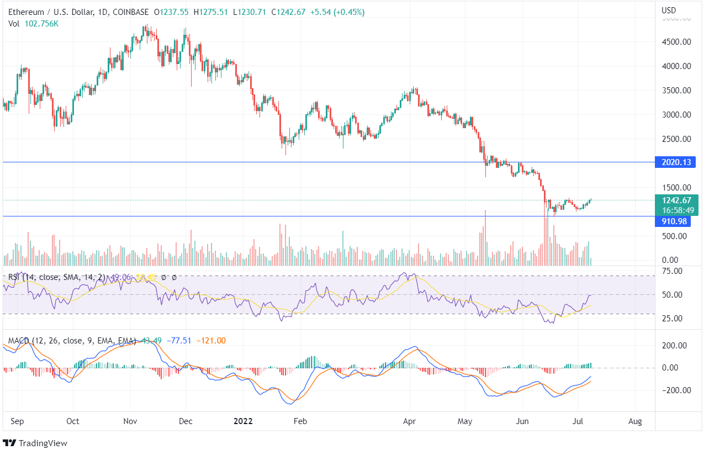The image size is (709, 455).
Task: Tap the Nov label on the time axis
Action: point(130,421)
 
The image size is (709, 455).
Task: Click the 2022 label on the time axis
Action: point(243,421)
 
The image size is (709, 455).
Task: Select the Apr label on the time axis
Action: point(410,421)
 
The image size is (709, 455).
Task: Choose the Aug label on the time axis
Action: point(635,421)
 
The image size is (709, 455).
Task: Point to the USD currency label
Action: point(669,10)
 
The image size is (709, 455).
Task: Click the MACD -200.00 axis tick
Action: point(674,390)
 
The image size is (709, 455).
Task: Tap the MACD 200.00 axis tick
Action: point(675,346)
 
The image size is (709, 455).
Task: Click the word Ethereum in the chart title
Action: point(27,11)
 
